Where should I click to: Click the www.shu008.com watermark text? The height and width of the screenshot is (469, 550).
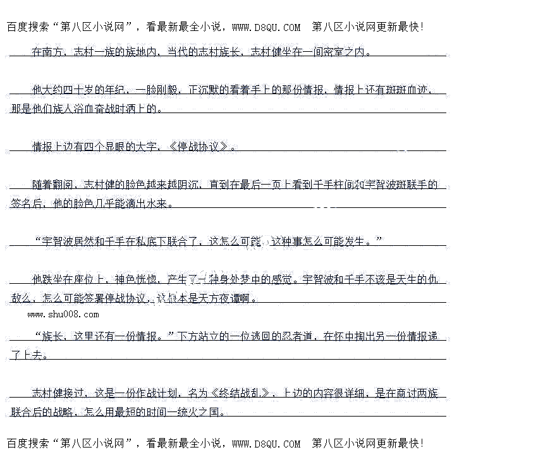click(x=63, y=314)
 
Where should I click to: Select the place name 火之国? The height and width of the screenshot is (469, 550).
click(x=210, y=412)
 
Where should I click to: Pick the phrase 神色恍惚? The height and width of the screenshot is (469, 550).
click(x=135, y=279)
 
